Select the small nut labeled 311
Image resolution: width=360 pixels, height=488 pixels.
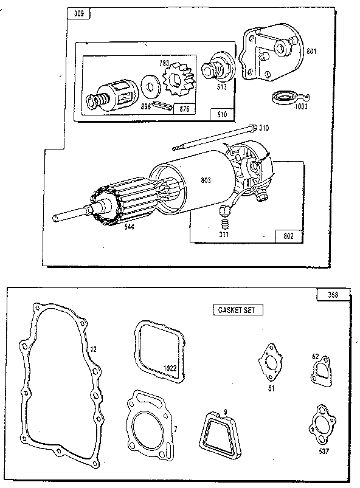(x=224, y=212)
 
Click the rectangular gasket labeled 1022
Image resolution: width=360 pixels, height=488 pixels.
(x=158, y=352)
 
